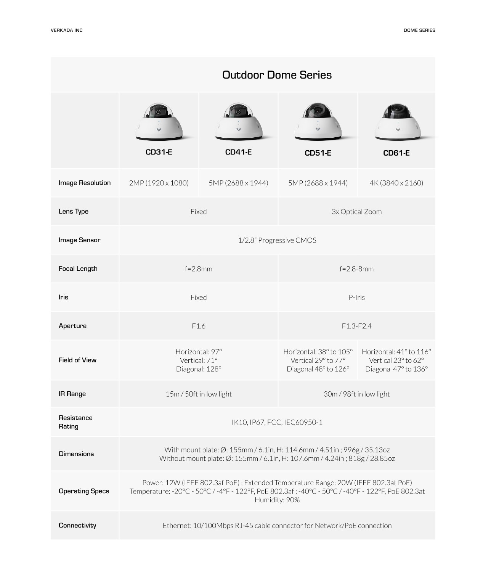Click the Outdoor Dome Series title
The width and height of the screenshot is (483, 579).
tap(277, 75)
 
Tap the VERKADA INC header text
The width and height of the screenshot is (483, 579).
tap(66, 30)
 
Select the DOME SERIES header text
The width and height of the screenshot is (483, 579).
tap(419, 30)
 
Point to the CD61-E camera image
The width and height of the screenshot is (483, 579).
tap(397, 122)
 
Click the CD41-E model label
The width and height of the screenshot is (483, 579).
tap(238, 152)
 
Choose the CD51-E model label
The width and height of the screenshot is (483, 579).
tap(318, 153)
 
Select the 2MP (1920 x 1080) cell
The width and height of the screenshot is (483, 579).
tap(159, 183)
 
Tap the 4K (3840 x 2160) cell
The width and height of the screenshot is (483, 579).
tap(396, 183)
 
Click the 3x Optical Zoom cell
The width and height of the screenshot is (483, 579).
tap(356, 212)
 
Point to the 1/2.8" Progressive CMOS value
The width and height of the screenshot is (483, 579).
tap(277, 240)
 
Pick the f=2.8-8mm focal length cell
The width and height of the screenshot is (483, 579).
tap(356, 269)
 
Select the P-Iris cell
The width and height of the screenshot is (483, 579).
tap(356, 298)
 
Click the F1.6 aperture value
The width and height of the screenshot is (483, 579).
tap(199, 326)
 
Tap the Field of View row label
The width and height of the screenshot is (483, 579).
tap(77, 360)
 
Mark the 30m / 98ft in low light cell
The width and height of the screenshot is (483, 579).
tap(356, 394)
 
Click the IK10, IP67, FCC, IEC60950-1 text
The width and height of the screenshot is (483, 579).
tap(277, 422)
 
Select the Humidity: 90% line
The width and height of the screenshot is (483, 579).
tap(277, 500)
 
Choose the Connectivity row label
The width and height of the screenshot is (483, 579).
tap(77, 526)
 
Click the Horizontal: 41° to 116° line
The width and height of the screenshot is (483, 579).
tap(396, 352)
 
